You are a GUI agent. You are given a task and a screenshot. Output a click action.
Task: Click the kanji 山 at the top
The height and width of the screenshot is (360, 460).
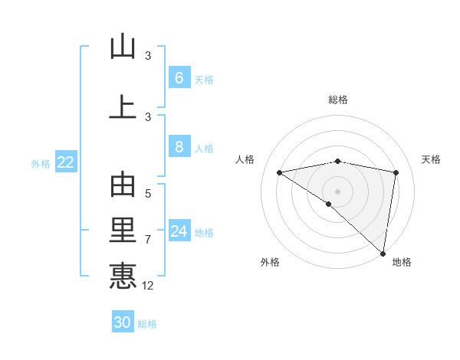click(123, 47)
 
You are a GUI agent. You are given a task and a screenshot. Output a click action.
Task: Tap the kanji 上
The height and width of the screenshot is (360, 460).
click(123, 108)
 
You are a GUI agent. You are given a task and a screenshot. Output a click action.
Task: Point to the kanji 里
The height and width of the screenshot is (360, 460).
click(123, 231)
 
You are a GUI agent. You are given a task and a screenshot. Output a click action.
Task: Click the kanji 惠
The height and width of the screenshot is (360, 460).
click(123, 276)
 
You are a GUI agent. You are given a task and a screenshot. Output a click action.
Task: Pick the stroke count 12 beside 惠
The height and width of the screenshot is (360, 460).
click(148, 286)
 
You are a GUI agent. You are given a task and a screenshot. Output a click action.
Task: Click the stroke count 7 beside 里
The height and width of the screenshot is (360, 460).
click(148, 240)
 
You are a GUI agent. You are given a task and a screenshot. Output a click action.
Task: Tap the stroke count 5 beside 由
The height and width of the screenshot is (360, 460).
click(148, 194)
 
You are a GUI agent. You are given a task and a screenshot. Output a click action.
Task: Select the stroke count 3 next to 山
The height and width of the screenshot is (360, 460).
click(148, 56)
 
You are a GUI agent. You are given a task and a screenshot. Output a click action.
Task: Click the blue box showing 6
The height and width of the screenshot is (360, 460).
click(179, 78)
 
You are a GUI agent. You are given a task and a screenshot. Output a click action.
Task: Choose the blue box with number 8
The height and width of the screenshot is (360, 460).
click(179, 148)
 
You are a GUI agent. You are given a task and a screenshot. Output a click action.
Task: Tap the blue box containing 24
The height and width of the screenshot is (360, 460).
click(179, 231)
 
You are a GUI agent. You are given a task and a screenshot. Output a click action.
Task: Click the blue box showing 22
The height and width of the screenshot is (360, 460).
click(66, 162)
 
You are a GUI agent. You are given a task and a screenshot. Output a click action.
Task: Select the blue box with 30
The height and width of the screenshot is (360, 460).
click(123, 322)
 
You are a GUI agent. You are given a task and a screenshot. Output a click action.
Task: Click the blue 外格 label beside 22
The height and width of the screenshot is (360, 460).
click(41, 163)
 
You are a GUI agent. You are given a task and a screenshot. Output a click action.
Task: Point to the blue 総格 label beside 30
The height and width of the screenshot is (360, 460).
click(148, 324)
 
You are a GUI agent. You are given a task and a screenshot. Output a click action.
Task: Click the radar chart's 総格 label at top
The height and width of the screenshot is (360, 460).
click(337, 100)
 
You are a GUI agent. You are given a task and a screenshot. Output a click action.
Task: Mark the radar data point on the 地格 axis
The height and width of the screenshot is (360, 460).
click(383, 254)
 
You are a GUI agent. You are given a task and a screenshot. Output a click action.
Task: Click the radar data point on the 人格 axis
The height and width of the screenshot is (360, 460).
click(280, 172)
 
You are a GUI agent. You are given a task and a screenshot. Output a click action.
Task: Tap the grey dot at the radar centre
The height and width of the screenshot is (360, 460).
click(337, 191)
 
